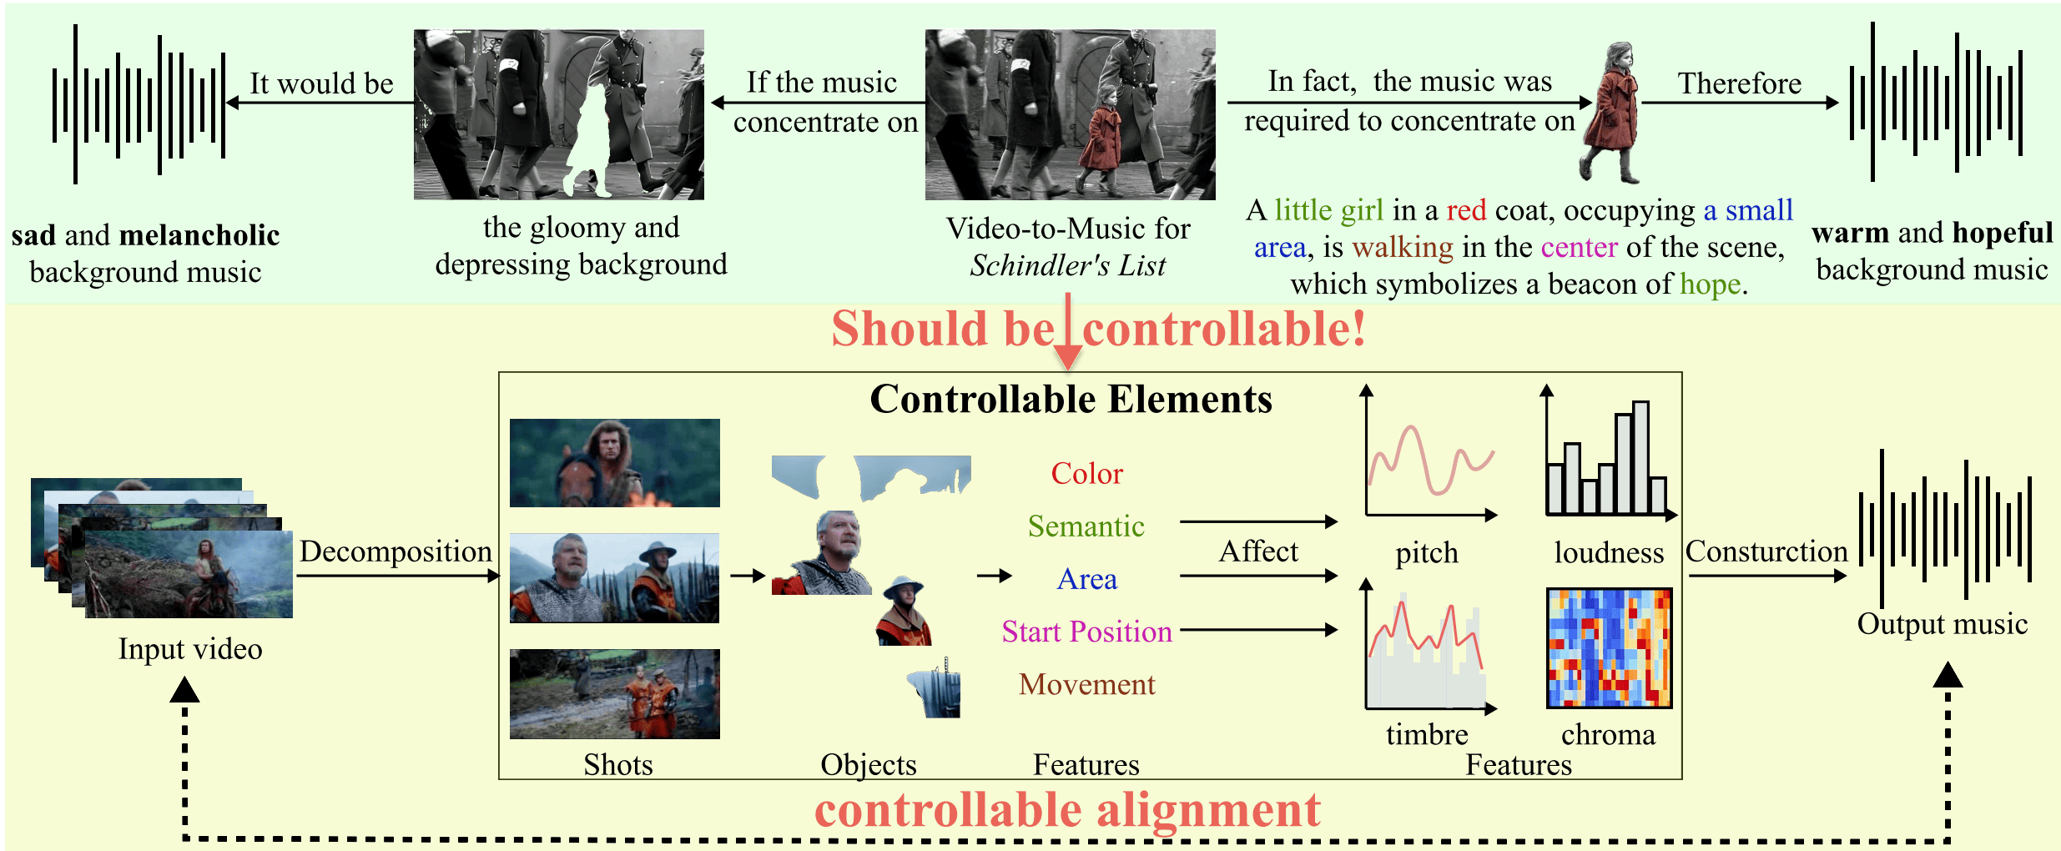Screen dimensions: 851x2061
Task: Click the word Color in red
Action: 1086,473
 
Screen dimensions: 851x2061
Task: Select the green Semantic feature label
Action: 1086,526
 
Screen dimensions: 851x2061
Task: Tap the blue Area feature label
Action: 1086,579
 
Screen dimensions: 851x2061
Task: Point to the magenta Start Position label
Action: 1086,632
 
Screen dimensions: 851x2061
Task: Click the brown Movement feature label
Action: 1086,684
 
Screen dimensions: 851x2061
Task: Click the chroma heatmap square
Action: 1608,647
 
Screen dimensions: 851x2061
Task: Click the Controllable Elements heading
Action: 1071,399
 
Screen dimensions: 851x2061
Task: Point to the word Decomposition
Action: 396,551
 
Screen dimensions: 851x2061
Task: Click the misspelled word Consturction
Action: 1766,551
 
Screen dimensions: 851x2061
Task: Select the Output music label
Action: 1942,624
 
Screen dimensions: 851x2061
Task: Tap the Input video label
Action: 190,649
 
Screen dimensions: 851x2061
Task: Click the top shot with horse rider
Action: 614,463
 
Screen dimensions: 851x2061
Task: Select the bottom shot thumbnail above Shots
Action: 614,693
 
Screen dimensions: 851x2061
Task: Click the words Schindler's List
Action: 1067,266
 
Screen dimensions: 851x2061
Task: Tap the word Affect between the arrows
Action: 1258,551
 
